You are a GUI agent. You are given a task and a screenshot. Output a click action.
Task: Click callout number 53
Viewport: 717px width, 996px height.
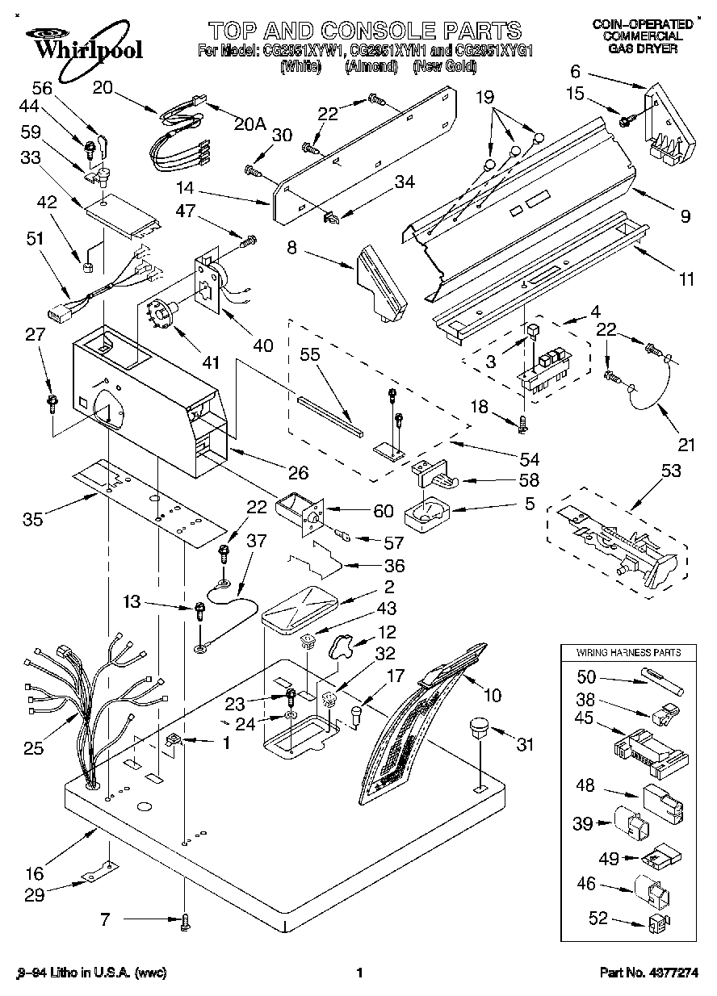point(669,471)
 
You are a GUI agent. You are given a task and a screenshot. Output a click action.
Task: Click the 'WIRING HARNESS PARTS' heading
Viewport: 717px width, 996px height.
point(627,651)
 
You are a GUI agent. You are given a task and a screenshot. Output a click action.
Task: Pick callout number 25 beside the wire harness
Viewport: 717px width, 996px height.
point(33,749)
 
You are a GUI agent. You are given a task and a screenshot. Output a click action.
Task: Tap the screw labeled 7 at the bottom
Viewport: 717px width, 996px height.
point(186,919)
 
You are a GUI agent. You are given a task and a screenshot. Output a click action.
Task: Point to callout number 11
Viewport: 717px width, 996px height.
point(686,281)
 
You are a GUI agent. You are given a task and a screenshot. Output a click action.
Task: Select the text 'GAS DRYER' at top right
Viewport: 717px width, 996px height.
point(643,48)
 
